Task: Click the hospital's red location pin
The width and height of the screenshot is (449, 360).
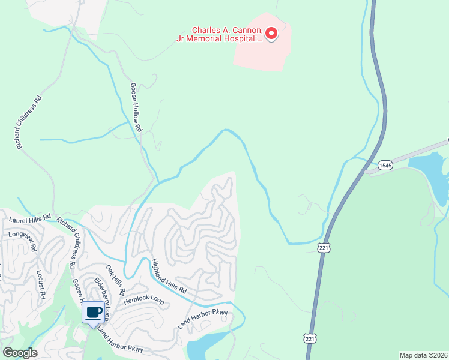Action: click(x=271, y=34)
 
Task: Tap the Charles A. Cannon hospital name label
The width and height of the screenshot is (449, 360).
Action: click(x=228, y=34)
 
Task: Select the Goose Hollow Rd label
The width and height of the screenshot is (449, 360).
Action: click(x=136, y=107)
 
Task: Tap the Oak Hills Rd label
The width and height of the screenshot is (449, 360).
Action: click(x=115, y=279)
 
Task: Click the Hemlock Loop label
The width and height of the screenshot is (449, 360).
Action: click(x=143, y=301)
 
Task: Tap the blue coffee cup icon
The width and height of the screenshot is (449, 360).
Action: click(x=94, y=312)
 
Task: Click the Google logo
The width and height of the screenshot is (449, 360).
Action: click(x=20, y=353)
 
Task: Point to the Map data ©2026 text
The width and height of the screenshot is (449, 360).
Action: click(x=423, y=355)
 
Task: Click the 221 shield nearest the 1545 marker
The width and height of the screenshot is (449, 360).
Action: click(x=324, y=247)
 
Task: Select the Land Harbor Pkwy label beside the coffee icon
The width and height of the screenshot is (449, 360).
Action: click(x=121, y=341)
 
